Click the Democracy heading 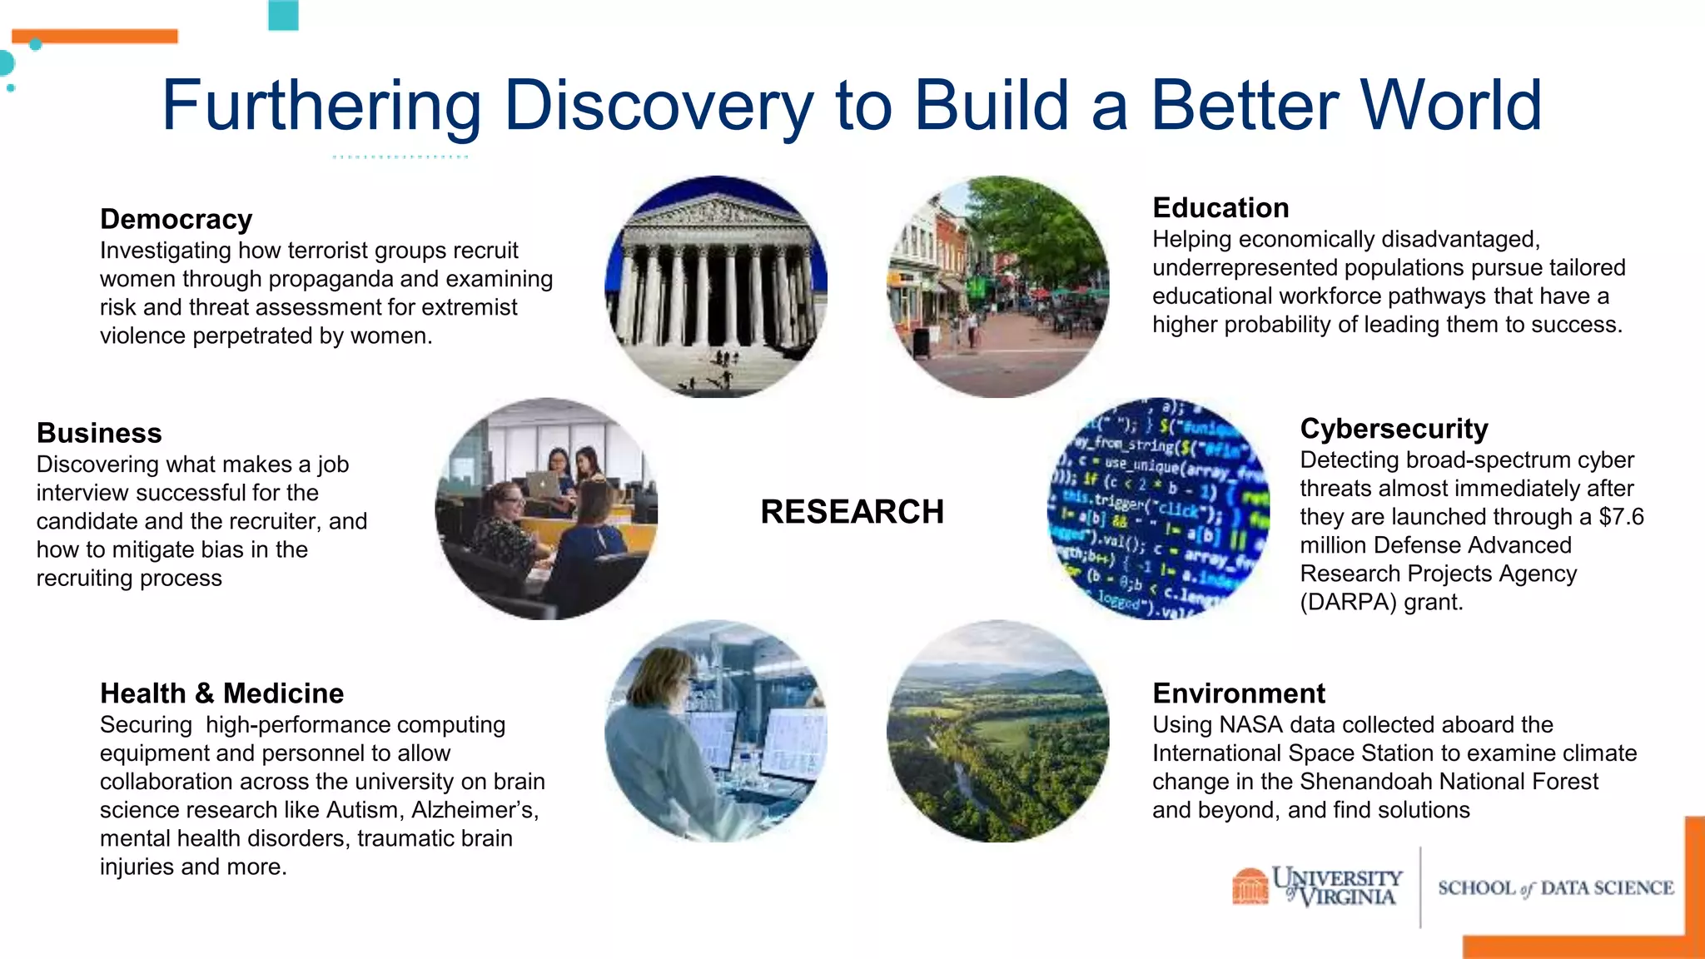pyautogui.click(x=176, y=219)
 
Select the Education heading pyautogui.click(x=1220, y=207)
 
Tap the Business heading pyautogui.click(x=99, y=433)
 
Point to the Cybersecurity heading pyautogui.click(x=1394, y=429)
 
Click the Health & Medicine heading pyautogui.click(x=221, y=693)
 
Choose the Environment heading pyautogui.click(x=1239, y=693)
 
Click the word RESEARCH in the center pyautogui.click(x=852, y=512)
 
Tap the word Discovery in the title pyautogui.click(x=658, y=106)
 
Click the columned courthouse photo pyautogui.click(x=716, y=286)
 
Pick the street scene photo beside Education pyautogui.click(x=997, y=286)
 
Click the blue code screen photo pyautogui.click(x=1158, y=509)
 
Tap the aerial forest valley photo pyautogui.click(x=997, y=731)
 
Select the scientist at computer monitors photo pyautogui.click(x=716, y=731)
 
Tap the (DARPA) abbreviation pyautogui.click(x=1348, y=602)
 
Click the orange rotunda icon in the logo pyautogui.click(x=1250, y=886)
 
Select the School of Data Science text pyautogui.click(x=1555, y=888)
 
